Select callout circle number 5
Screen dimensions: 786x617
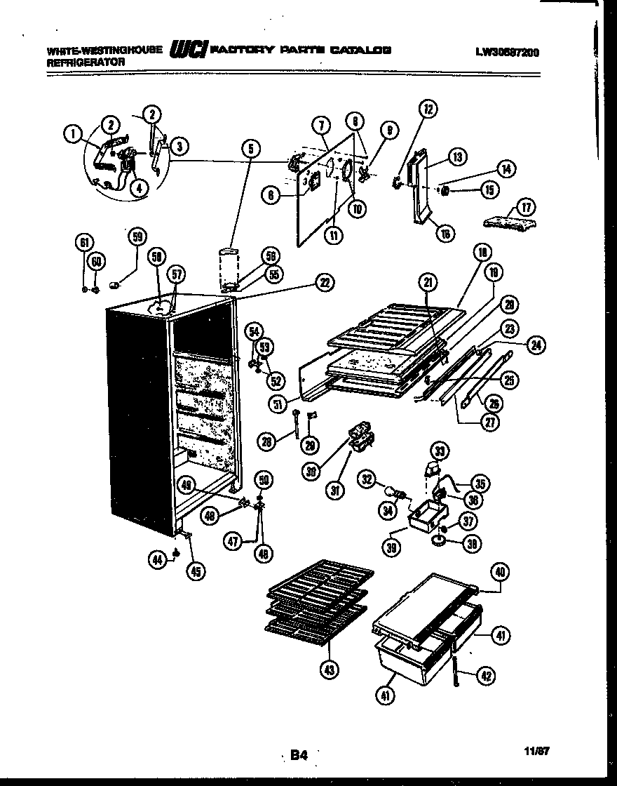(x=250, y=148)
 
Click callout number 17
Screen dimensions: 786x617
(x=526, y=207)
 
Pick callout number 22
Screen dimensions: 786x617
(x=324, y=283)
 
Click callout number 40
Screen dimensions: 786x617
(x=500, y=572)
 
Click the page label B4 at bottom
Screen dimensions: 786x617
(x=299, y=755)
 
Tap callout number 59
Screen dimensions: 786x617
(x=136, y=237)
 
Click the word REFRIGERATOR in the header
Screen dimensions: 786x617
(x=86, y=62)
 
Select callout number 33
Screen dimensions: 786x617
(x=440, y=450)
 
